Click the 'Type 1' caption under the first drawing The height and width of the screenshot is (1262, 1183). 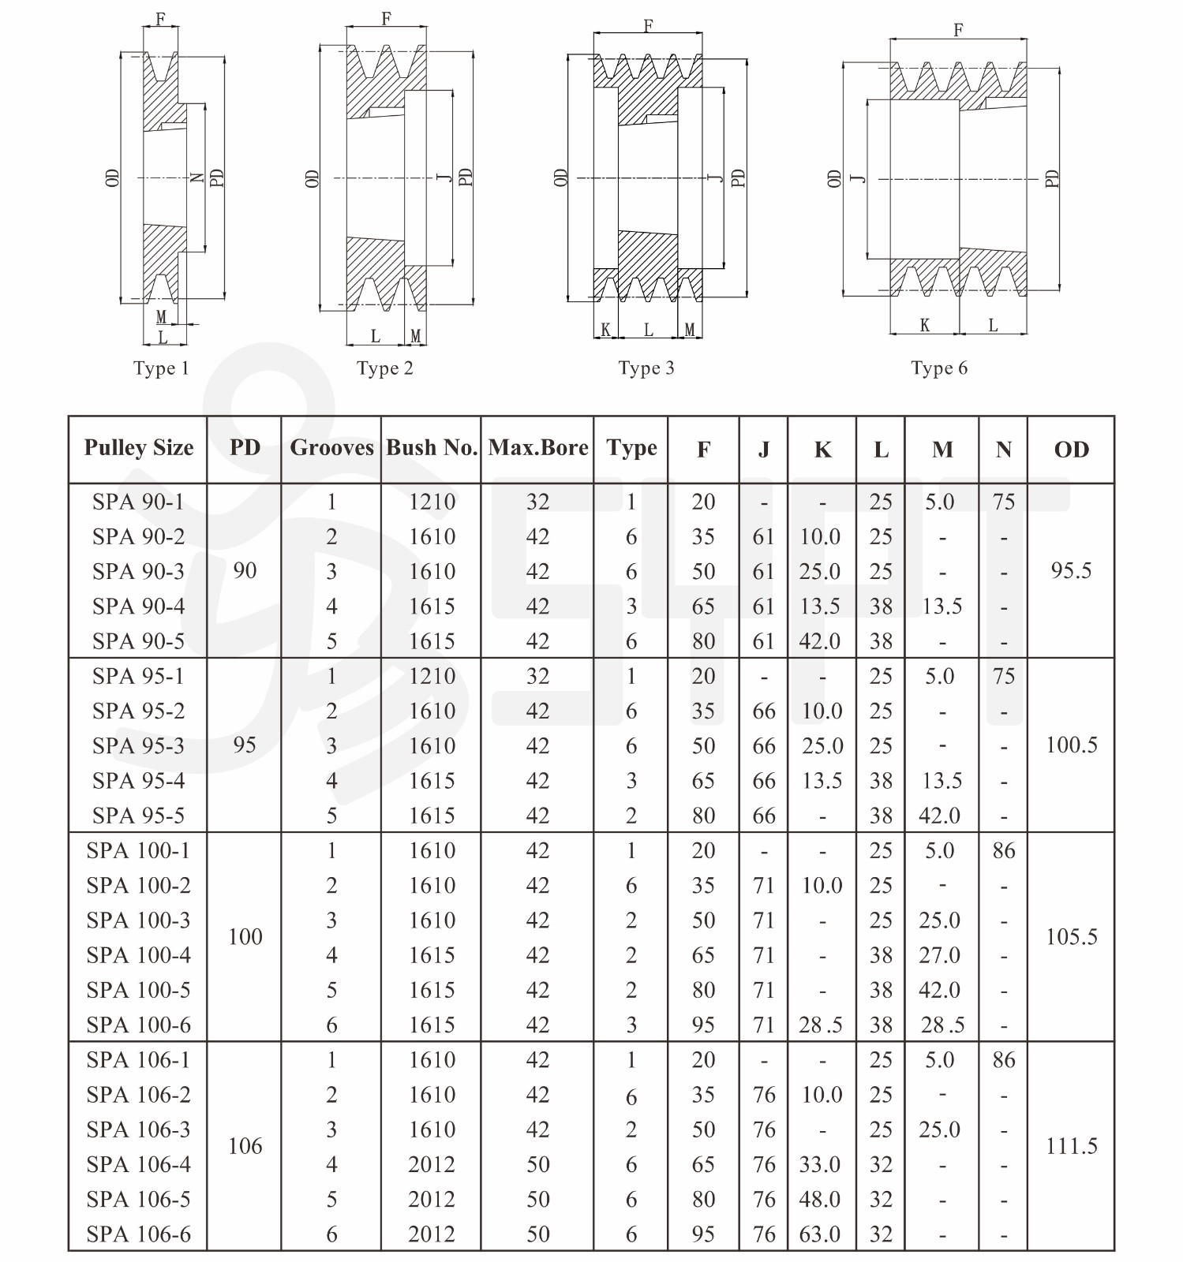pyautogui.click(x=161, y=368)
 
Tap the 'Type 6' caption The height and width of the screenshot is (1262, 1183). pyautogui.click(x=938, y=368)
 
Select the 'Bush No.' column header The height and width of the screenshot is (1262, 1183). pyautogui.click(x=432, y=448)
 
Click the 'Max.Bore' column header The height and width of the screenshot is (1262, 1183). pyautogui.click(x=538, y=448)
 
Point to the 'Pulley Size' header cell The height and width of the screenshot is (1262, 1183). pyautogui.click(x=139, y=448)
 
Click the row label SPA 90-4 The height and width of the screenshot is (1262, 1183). pyautogui.click(x=138, y=607)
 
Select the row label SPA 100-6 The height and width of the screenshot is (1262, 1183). pyautogui.click(x=138, y=1025)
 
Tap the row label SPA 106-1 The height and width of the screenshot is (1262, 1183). pyautogui.click(x=138, y=1060)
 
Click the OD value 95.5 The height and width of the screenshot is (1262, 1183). pyautogui.click(x=1071, y=571)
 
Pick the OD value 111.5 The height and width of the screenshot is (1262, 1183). pyautogui.click(x=1071, y=1146)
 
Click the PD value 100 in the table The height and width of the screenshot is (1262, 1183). pyautogui.click(x=245, y=937)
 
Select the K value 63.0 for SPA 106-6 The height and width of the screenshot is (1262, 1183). pyautogui.click(x=820, y=1234)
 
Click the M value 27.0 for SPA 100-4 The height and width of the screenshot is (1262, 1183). pyautogui.click(x=939, y=955)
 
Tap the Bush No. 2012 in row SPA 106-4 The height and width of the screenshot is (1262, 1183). pyautogui.click(x=432, y=1165)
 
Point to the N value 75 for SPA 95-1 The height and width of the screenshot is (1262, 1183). pyautogui.click(x=1004, y=677)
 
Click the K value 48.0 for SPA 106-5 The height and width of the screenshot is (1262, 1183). pyautogui.click(x=820, y=1200)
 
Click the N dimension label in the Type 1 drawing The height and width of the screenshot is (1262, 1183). pyautogui.click(x=198, y=178)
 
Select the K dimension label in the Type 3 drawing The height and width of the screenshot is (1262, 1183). pyautogui.click(x=605, y=330)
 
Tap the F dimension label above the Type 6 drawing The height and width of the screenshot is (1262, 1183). pyautogui.click(x=958, y=30)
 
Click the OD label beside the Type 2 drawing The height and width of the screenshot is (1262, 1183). pyautogui.click(x=312, y=178)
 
